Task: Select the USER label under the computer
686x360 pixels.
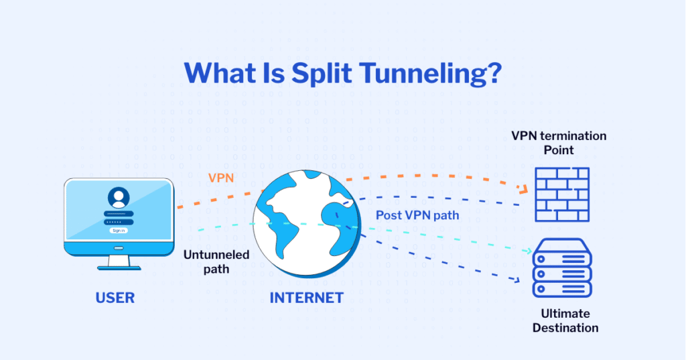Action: pyautogui.click(x=115, y=298)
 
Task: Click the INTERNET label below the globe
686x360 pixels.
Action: pyautogui.click(x=306, y=298)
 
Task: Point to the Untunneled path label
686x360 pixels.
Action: pyautogui.click(x=216, y=261)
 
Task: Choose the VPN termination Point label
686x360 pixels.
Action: pyautogui.click(x=559, y=143)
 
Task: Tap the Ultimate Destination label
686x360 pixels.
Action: pyautogui.click(x=565, y=320)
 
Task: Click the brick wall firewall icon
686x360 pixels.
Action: pyautogui.click(x=561, y=194)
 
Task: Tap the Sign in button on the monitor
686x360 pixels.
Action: pyautogui.click(x=119, y=230)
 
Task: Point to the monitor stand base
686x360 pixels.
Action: pyautogui.click(x=119, y=266)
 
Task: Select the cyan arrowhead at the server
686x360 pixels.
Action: pyautogui.click(x=527, y=251)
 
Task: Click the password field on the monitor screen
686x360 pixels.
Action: pyautogui.click(x=119, y=221)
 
